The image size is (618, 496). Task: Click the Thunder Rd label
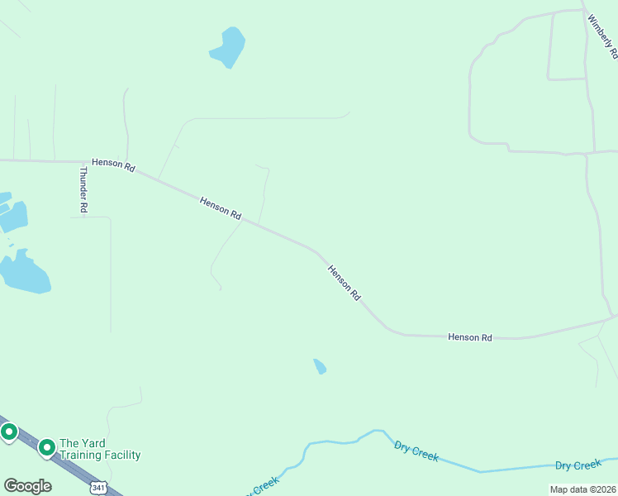pyautogui.click(x=83, y=190)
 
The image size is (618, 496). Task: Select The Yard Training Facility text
pyautogui.click(x=100, y=449)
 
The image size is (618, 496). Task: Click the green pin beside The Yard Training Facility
pyautogui.click(x=47, y=447)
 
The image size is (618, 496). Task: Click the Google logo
pyautogui.click(x=27, y=485)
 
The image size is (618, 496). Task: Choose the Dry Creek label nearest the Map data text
pyautogui.click(x=578, y=465)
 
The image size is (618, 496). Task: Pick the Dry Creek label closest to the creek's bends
pyautogui.click(x=416, y=451)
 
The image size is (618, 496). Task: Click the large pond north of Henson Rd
pyautogui.click(x=228, y=47)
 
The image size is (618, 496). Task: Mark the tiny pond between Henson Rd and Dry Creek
pyautogui.click(x=320, y=366)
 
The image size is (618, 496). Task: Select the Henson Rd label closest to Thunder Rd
pyautogui.click(x=113, y=165)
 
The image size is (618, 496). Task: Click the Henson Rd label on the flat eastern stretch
pyautogui.click(x=470, y=337)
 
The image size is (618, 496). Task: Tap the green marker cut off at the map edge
pyautogui.click(x=8, y=432)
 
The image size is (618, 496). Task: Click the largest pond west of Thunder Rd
pyautogui.click(x=25, y=273)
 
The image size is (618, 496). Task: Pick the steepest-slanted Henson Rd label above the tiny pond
pyautogui.click(x=345, y=283)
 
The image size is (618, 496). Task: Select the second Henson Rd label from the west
pyautogui.click(x=221, y=207)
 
